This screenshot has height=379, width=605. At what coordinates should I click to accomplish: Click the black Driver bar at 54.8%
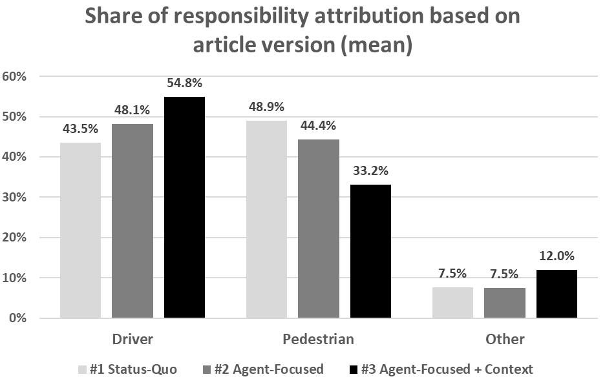point(184,207)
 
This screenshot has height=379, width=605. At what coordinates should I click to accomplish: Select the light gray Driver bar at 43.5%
point(81,230)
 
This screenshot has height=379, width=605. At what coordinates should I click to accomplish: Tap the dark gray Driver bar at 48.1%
point(133,221)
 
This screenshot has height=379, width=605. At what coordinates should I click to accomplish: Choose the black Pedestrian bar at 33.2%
point(370,251)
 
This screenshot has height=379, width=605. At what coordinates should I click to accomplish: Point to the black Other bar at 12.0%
point(557,294)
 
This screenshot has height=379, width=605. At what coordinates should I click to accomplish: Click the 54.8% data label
point(184,83)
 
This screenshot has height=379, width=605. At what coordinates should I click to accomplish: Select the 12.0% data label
point(557,256)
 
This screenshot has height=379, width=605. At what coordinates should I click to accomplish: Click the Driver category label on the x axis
point(133,339)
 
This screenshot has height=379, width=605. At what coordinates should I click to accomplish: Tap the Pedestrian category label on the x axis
point(319,339)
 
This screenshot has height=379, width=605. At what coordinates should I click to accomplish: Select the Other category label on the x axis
point(505,339)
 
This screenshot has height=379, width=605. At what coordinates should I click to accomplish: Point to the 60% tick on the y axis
point(14,76)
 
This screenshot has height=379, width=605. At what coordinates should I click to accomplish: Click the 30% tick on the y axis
point(14,197)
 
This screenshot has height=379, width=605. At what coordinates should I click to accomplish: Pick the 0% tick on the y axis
point(16,318)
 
